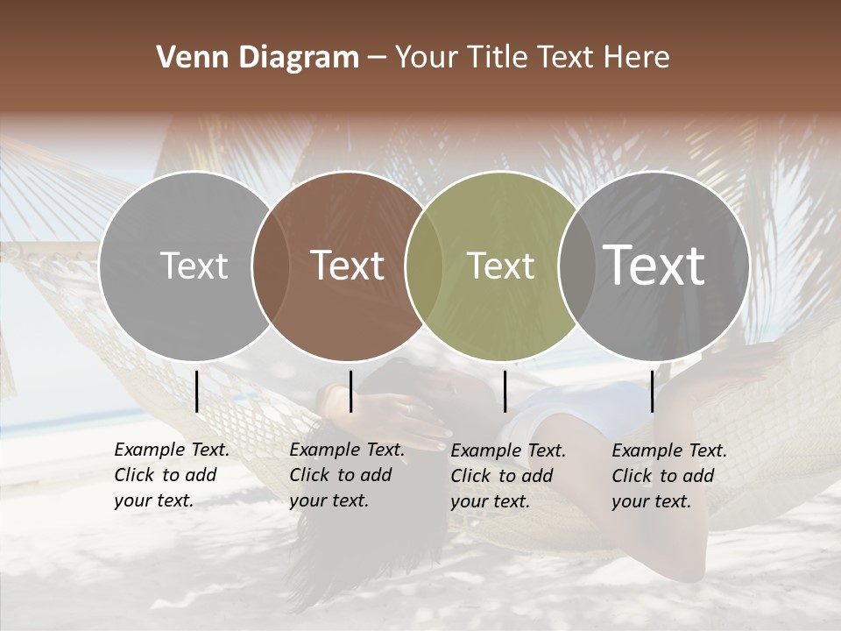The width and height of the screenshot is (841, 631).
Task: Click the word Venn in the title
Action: coord(185,58)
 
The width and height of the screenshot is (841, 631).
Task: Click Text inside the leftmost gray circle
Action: coord(194,266)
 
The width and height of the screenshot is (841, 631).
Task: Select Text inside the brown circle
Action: coord(348,266)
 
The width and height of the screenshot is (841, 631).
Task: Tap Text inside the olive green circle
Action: coord(500,266)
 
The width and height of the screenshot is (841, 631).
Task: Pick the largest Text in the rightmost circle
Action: coord(654,266)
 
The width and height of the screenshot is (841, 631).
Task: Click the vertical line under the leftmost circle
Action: coord(197,391)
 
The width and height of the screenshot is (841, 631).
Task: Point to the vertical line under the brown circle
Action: coord(350,391)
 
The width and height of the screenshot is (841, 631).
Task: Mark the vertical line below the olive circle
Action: coord(505,391)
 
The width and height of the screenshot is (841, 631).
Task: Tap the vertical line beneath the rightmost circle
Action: coord(652,391)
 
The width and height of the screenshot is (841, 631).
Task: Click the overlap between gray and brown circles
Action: coord(271,266)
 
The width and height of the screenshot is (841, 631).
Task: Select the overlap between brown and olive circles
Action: coord(424,266)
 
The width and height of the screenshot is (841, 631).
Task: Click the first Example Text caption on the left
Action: coord(171,475)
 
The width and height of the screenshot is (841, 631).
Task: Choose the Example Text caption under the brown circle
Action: coord(346,475)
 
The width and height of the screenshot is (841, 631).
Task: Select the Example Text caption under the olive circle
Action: coord(507,476)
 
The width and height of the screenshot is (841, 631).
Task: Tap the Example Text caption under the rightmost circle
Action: coord(668,476)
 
